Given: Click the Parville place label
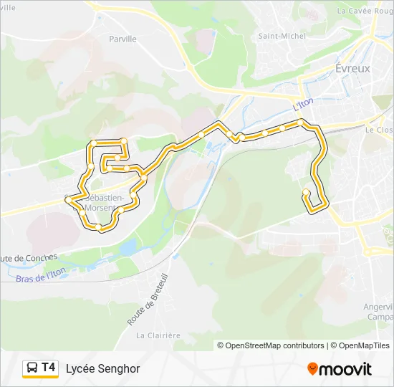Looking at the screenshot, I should (x=122, y=39).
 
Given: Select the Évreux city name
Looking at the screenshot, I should (x=352, y=68).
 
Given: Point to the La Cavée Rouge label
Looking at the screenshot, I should (x=365, y=11).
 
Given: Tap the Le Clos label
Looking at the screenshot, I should (x=379, y=130).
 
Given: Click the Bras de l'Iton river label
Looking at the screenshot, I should (x=40, y=273).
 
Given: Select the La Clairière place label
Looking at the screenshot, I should (x=158, y=335).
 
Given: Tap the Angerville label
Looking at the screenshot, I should (x=379, y=307).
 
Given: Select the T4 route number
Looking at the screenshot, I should (x=49, y=368).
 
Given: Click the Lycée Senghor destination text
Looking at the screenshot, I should (x=102, y=368).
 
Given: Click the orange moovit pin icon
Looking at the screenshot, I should (x=312, y=369).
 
